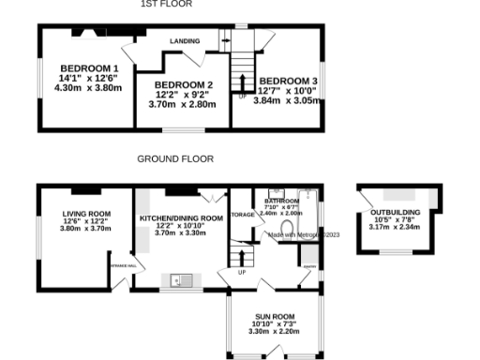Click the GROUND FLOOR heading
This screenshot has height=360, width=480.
[x=175, y=159]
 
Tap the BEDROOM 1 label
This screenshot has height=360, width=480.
[x=89, y=68]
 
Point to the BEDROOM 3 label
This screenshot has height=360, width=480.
[x=289, y=82]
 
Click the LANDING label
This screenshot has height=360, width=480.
[x=186, y=42]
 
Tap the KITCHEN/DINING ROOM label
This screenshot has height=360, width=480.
[x=181, y=217]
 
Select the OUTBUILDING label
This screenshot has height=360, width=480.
[x=395, y=212]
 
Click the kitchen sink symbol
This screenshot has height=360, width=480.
[x=178, y=278]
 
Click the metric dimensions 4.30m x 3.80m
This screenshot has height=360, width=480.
[x=89, y=88]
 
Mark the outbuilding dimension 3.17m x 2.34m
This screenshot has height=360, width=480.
[x=395, y=228]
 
